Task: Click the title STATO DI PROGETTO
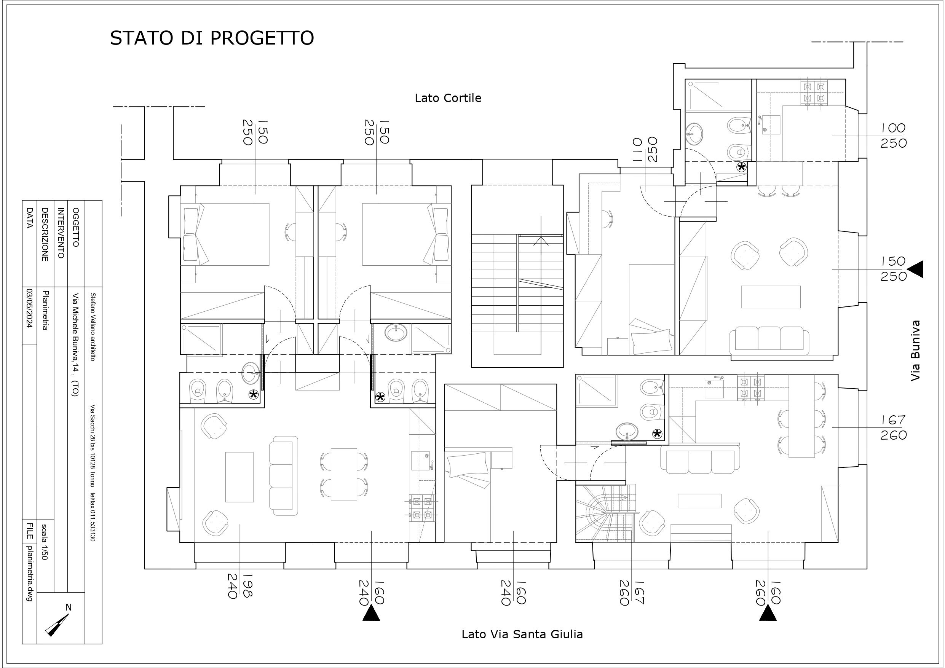pos(212,38)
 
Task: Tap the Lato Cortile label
pos(448,98)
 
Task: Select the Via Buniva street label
pos(915,351)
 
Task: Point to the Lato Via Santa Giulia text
pos(522,634)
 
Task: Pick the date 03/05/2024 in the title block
pos(29,308)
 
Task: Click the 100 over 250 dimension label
pos(894,136)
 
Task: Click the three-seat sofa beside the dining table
pos(284,476)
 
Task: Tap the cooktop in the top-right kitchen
pos(814,92)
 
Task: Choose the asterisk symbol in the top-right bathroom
pos(741,167)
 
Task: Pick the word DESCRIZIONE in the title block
pos(45,234)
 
